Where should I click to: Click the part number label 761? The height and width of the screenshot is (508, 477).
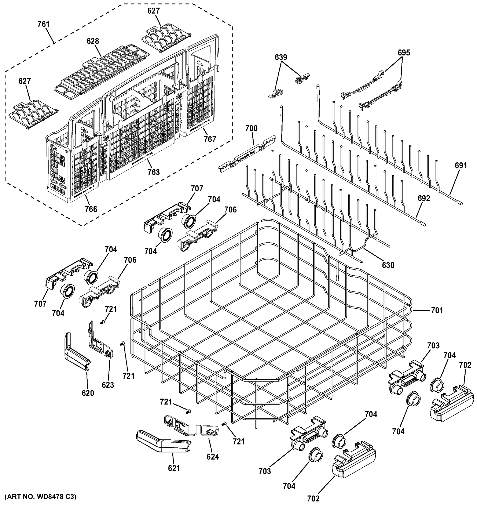43,24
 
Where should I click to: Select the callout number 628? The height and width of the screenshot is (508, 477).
93,41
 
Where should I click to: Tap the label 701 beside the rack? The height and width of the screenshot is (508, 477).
437,311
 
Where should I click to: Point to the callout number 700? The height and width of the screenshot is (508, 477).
251,128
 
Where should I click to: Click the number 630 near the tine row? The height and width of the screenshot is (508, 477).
388,265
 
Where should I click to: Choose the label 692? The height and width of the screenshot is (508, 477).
424,198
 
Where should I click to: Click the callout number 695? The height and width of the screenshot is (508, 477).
404,53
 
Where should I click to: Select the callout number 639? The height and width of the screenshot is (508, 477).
281,58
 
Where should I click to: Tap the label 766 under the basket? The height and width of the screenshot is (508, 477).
91,209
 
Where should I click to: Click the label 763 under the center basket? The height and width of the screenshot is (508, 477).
154,172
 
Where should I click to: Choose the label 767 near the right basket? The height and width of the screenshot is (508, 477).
210,139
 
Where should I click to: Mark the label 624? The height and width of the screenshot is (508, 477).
213,457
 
